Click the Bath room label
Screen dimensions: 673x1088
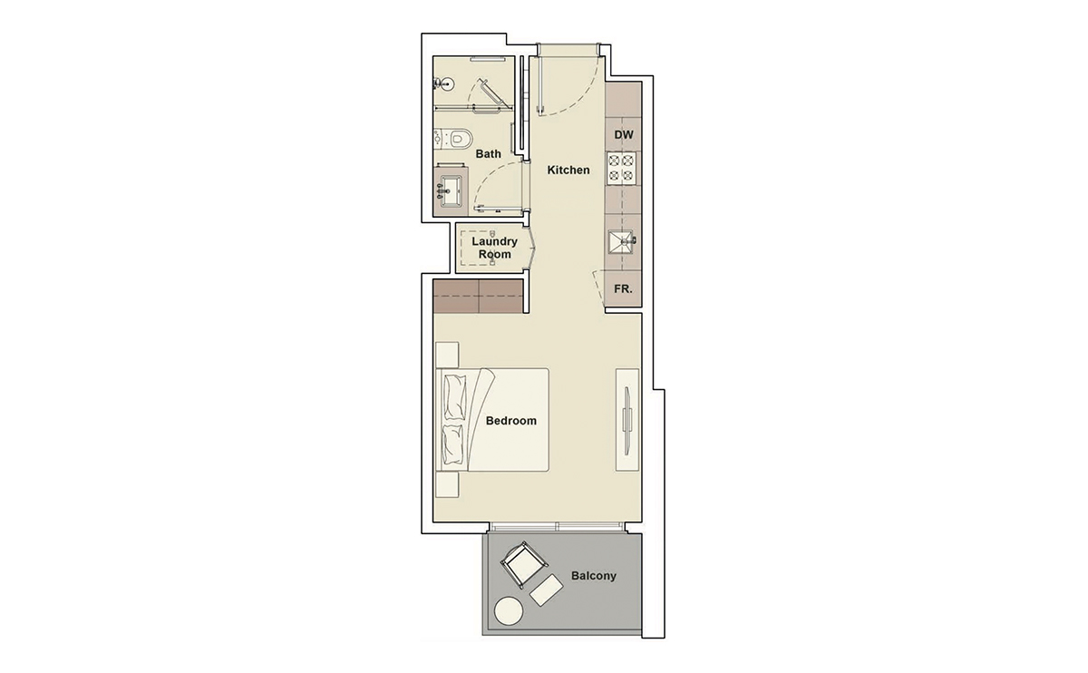[489, 154]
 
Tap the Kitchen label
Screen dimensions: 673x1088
[568, 170]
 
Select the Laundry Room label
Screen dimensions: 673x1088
[495, 248]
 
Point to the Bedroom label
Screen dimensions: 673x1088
[511, 421]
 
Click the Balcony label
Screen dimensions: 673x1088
[594, 576]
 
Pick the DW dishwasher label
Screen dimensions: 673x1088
[624, 135]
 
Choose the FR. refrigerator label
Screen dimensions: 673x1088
[624, 290]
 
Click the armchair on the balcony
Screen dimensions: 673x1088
[522, 563]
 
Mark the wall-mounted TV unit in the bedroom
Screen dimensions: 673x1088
[627, 419]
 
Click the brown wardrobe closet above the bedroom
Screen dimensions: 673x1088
[479, 296]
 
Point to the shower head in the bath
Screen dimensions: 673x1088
[442, 85]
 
